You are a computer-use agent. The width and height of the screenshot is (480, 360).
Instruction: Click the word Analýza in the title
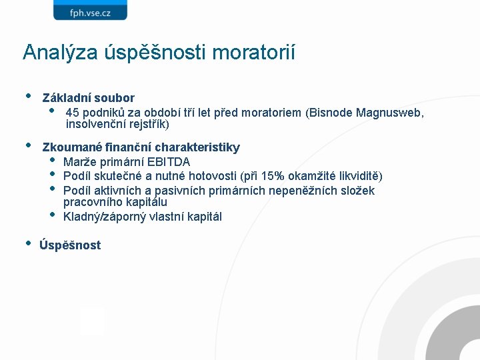pos(61,53)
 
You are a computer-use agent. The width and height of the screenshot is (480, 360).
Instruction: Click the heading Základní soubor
pos(88,98)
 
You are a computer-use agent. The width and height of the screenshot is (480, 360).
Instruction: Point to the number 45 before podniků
pos(72,113)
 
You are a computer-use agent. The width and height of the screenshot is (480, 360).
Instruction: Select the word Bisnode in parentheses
pos(331,113)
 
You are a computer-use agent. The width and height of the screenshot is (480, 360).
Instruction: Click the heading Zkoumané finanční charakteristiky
pos(141,147)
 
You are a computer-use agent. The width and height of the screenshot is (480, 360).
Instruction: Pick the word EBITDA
pos(169,162)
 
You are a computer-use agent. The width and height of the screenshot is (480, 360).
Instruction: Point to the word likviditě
pos(357,176)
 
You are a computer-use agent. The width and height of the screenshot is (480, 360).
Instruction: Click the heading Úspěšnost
pos(70,245)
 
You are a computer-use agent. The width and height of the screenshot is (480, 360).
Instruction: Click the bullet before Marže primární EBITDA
pos(53,161)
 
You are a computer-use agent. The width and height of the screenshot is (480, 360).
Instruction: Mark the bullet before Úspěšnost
pos(28,243)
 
